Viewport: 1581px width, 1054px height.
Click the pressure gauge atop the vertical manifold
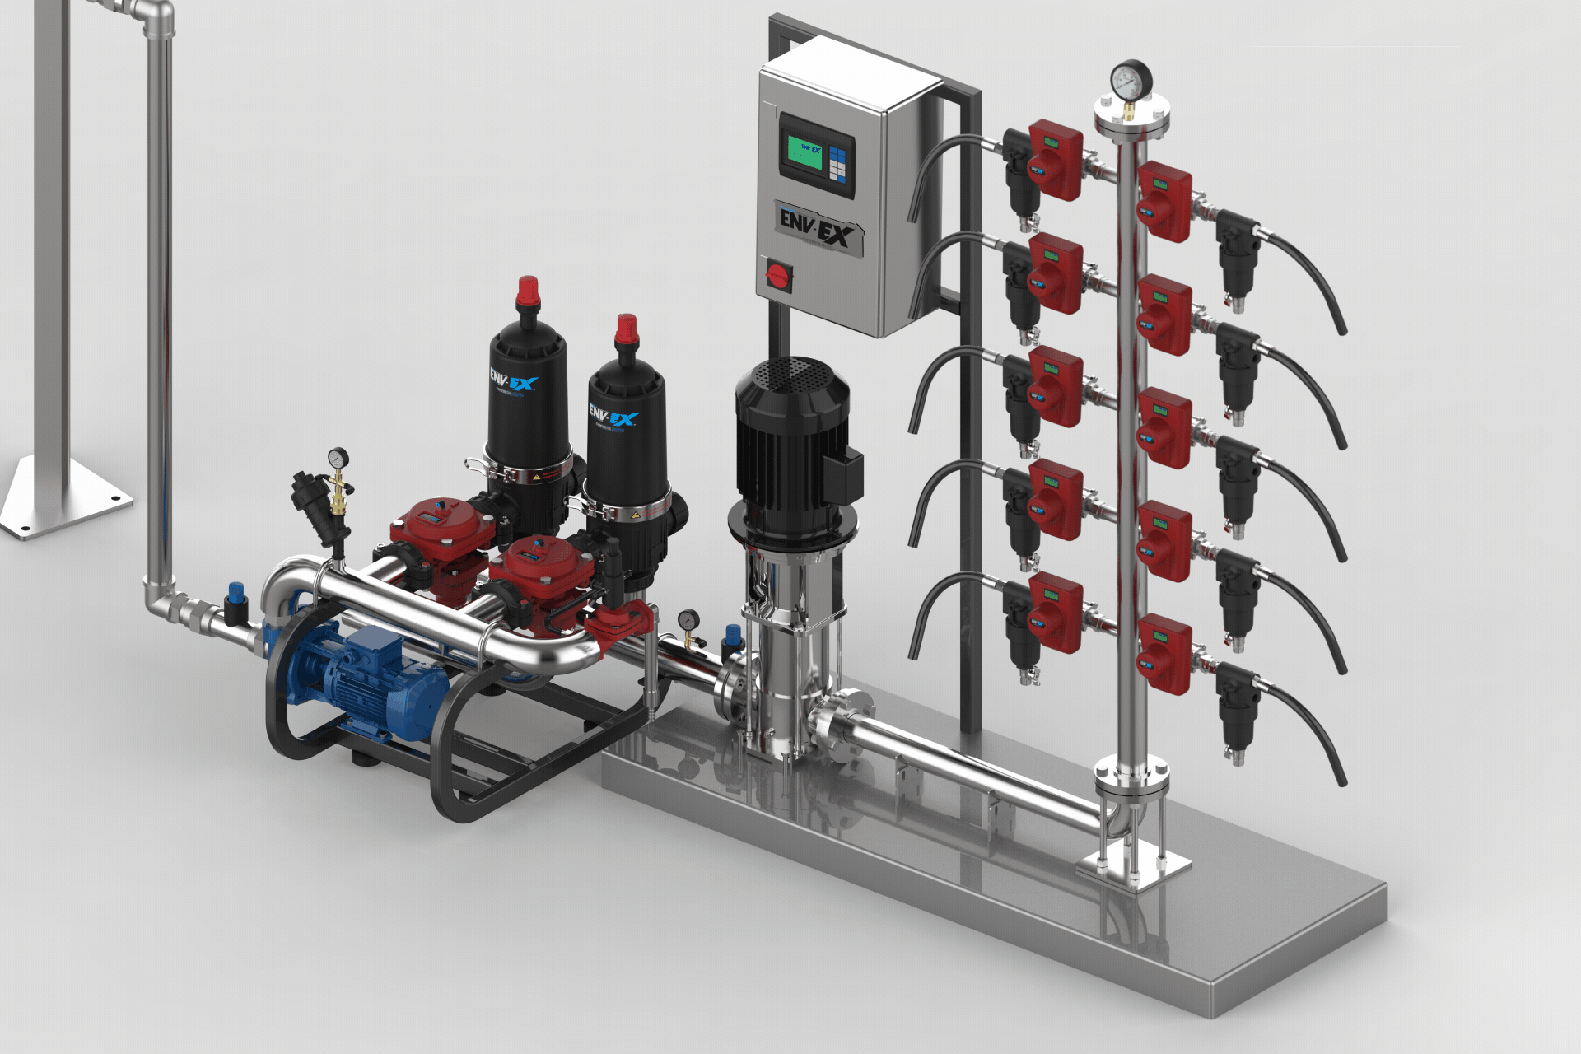pyautogui.click(x=1131, y=81)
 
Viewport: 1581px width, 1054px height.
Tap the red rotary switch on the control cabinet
pyautogui.click(x=778, y=273)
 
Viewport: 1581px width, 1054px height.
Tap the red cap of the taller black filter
pyautogui.click(x=527, y=292)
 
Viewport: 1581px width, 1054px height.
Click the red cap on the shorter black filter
pyautogui.click(x=627, y=329)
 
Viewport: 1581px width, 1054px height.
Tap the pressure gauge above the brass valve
pyautogui.click(x=338, y=458)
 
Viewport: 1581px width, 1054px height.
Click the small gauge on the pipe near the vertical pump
pyautogui.click(x=688, y=619)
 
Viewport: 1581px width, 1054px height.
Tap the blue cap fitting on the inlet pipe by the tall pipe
pyautogui.click(x=236, y=592)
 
